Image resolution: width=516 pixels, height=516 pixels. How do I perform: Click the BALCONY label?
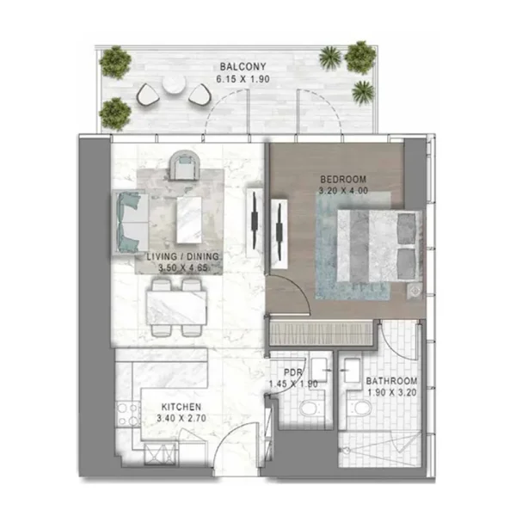click(x=236, y=66)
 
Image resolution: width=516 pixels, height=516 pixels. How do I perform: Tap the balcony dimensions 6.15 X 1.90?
click(x=237, y=79)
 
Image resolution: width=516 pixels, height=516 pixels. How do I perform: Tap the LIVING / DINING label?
click(x=182, y=257)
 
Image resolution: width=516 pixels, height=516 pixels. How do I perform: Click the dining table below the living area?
click(x=178, y=304)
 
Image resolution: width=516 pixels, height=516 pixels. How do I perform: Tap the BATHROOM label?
click(x=391, y=381)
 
